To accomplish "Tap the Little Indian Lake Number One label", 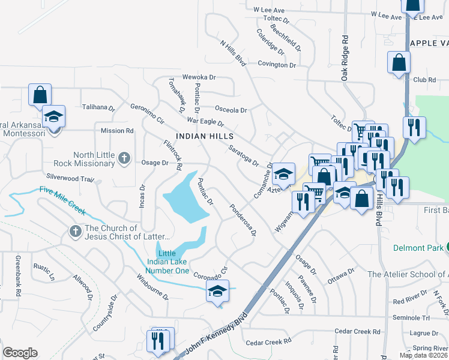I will tap(169, 262).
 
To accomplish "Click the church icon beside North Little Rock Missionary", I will tap(124, 158).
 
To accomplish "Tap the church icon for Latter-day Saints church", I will tap(75, 231).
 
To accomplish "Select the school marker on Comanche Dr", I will tap(283, 175).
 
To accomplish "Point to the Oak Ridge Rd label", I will tap(345, 58).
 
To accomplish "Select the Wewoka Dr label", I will tap(199, 77).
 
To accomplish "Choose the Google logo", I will tap(20, 353).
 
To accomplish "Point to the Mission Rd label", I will tap(117, 130).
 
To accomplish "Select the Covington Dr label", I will tap(277, 64).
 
